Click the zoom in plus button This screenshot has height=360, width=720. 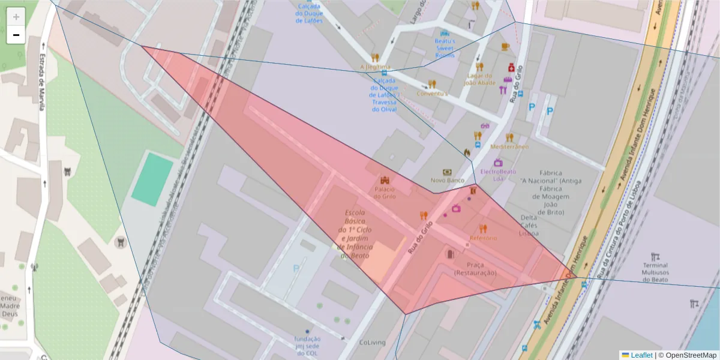tap(16, 16)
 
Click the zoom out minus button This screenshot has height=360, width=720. tap(16, 35)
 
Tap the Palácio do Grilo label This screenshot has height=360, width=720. tap(385, 193)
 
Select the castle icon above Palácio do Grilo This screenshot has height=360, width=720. tap(385, 180)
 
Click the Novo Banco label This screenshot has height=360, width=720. tap(448, 180)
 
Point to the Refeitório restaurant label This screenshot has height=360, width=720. tap(483, 238)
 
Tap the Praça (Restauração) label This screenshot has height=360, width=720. tap(475, 269)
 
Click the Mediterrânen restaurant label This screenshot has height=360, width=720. tap(509, 146)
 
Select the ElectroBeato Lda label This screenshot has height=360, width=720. tap(498, 175)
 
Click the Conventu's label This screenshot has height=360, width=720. tap(432, 94)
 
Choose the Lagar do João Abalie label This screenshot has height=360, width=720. tap(479, 79)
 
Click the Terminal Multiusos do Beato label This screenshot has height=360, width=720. tap(655, 272)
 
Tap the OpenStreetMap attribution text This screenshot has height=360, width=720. tap(690, 355)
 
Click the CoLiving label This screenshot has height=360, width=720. tap(372, 343)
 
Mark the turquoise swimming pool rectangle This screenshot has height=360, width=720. tap(152, 179)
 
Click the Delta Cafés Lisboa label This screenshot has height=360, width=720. tap(529, 225)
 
